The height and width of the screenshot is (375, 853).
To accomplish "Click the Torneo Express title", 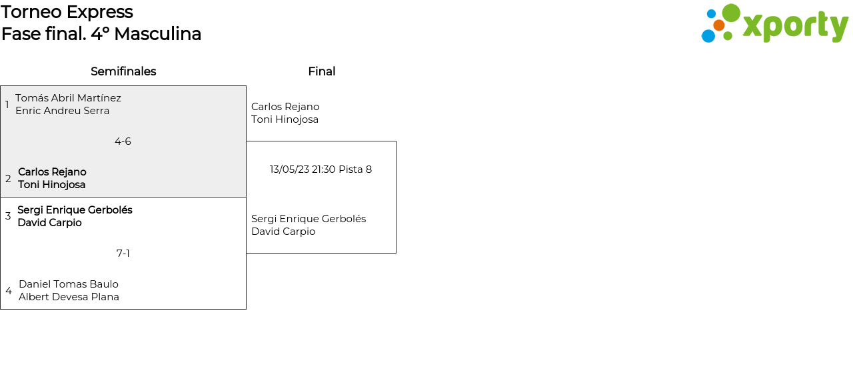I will (67, 12).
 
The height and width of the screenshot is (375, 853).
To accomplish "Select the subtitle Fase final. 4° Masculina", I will (101, 34).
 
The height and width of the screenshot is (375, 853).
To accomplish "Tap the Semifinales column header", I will (123, 71).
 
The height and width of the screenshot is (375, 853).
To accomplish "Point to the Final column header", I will (321, 71).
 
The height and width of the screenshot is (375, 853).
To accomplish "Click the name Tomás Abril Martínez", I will (68, 98).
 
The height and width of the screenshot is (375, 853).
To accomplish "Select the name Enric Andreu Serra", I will (62, 111).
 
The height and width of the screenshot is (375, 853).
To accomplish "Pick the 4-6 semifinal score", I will (123, 141).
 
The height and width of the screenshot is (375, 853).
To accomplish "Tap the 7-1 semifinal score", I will (123, 254).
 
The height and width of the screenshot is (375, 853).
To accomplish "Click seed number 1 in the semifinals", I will (7, 105).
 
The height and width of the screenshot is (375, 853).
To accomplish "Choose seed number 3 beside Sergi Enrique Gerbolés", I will (8, 216).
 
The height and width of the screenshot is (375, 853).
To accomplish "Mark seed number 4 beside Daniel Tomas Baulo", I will (9, 291).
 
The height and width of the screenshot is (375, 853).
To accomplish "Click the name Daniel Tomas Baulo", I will (69, 284).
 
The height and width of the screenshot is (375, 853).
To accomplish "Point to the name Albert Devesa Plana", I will (69, 297).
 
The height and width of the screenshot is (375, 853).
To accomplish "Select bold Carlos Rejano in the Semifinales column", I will (52, 172).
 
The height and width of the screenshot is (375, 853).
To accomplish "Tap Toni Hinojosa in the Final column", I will (285, 119).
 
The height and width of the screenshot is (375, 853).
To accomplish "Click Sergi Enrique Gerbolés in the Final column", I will (309, 219).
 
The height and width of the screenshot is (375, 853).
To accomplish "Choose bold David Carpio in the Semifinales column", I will (49, 223).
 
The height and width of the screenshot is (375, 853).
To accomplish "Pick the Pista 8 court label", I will (355, 169).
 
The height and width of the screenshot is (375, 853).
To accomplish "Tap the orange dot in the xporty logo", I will (718, 25).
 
